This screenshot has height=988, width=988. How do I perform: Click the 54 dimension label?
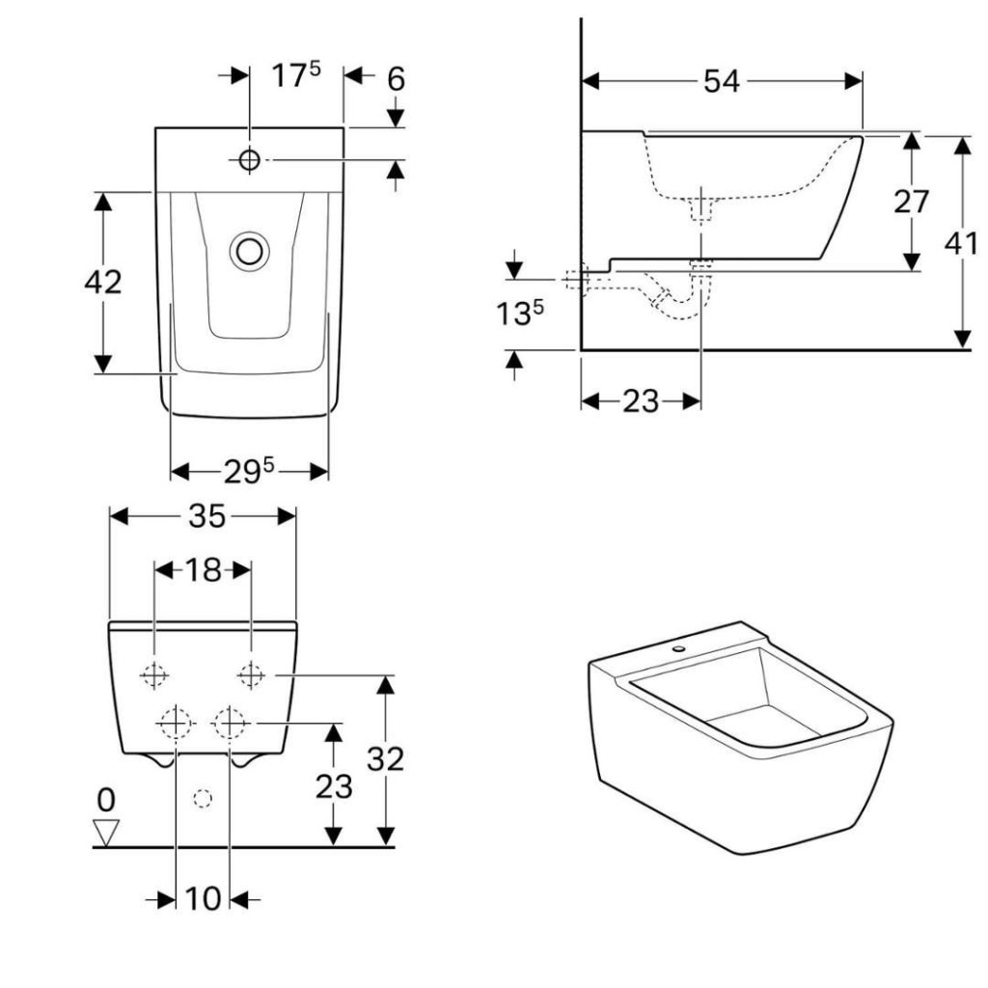coord(721,81)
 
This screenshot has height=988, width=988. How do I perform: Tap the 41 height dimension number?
coord(961,243)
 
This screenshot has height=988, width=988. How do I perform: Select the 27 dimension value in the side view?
coord(911,202)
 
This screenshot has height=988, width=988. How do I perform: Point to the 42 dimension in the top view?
coord(102,282)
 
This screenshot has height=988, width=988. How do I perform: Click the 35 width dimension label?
coord(206,517)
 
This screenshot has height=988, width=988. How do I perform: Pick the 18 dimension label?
coord(203,570)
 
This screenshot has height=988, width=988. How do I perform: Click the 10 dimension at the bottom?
coord(203,898)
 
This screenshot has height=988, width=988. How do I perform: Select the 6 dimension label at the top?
coord(396,79)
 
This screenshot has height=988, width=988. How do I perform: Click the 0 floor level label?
coord(106,800)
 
